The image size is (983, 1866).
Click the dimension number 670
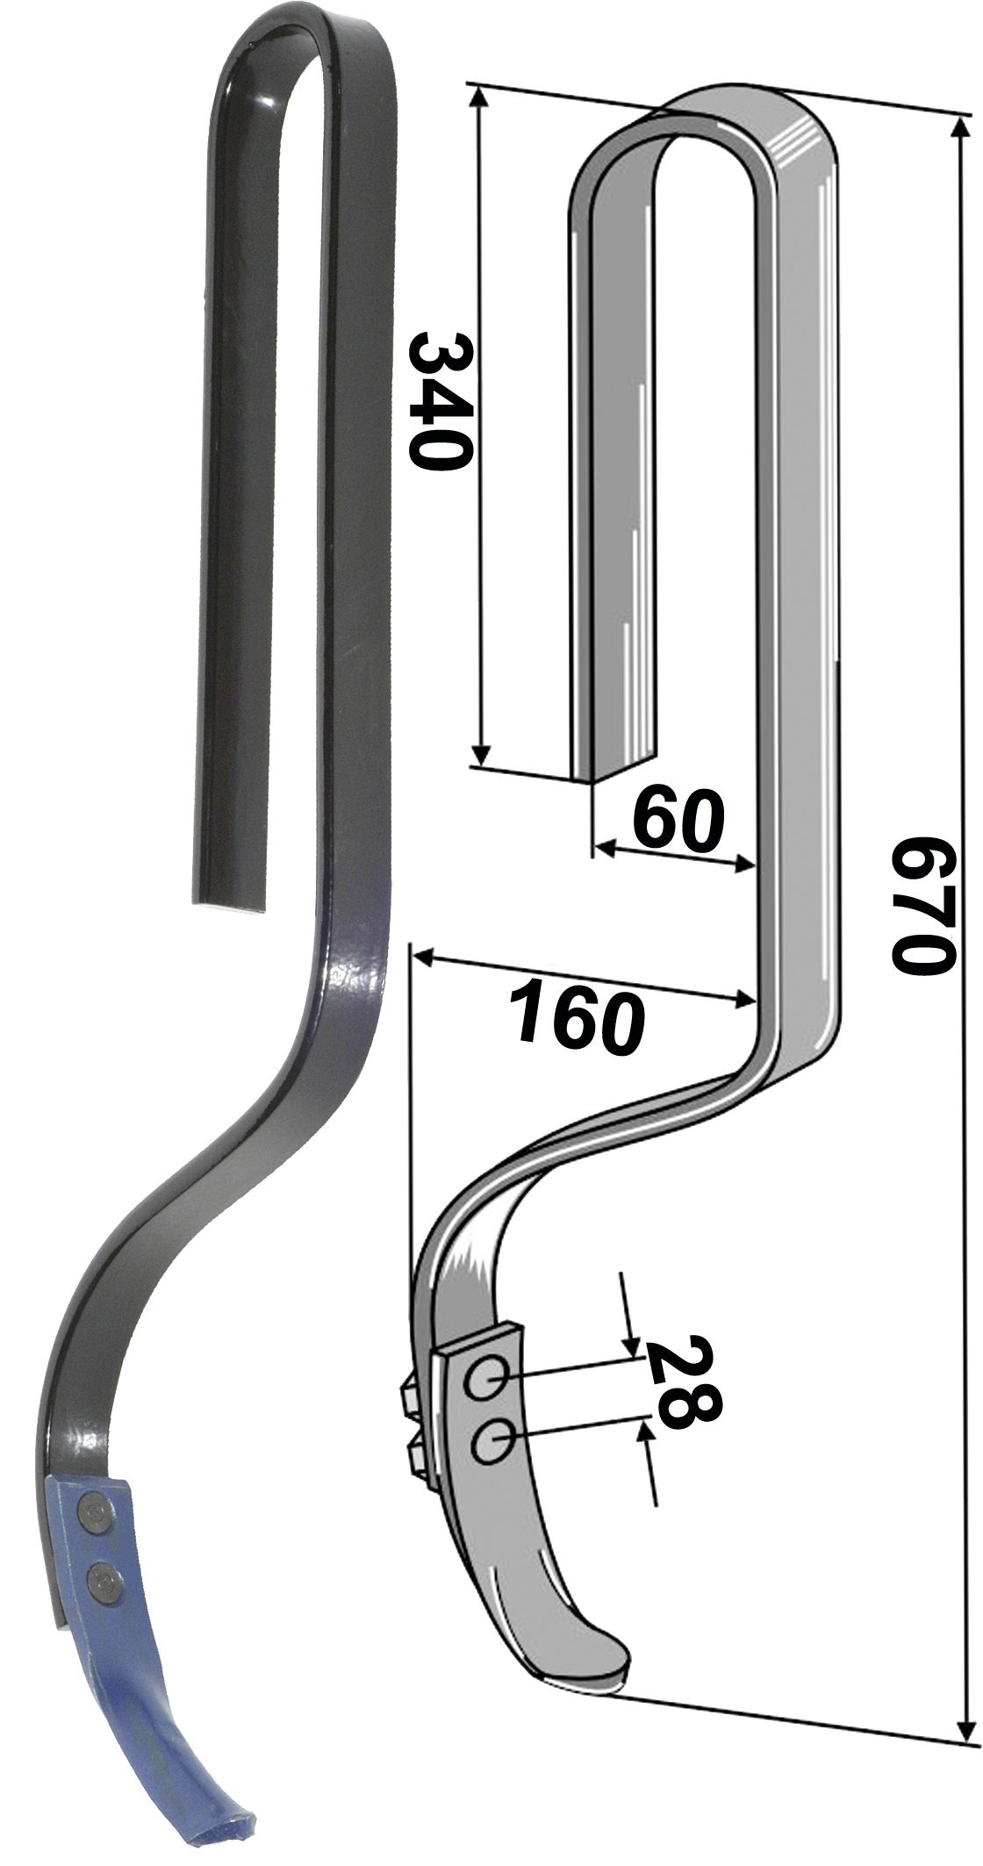pos(922,904)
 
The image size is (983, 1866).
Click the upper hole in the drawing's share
pos(485,1383)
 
